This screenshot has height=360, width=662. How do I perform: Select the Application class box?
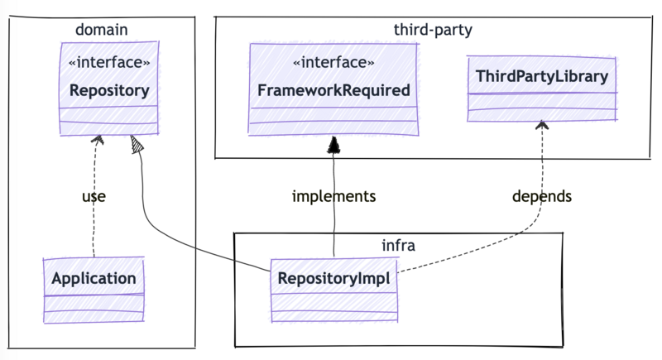pyautogui.click(x=94, y=290)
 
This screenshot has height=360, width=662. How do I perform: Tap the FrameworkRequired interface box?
pyautogui.click(x=333, y=89)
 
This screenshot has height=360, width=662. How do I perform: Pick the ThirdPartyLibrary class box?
pyautogui.click(x=542, y=89)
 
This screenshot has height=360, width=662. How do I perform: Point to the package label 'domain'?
pyautogui.click(x=101, y=31)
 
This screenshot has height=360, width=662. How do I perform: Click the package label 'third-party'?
pyautogui.click(x=433, y=31)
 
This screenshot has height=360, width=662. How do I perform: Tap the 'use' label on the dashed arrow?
pyautogui.click(x=94, y=196)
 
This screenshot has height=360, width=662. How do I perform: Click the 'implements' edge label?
pyautogui.click(x=334, y=196)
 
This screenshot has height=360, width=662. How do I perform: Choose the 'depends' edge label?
pyautogui.click(x=542, y=196)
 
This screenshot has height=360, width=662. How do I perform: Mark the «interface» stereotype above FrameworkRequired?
pyautogui.click(x=333, y=63)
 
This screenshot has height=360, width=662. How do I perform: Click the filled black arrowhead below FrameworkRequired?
pyautogui.click(x=333, y=146)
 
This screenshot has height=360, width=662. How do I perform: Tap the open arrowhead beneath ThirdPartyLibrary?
pyautogui.click(x=542, y=125)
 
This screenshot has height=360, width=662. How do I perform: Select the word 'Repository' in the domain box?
pyautogui.click(x=108, y=89)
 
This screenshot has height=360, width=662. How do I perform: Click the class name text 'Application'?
pyautogui.click(x=94, y=278)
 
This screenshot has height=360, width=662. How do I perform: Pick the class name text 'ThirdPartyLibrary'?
pyautogui.click(x=542, y=77)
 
